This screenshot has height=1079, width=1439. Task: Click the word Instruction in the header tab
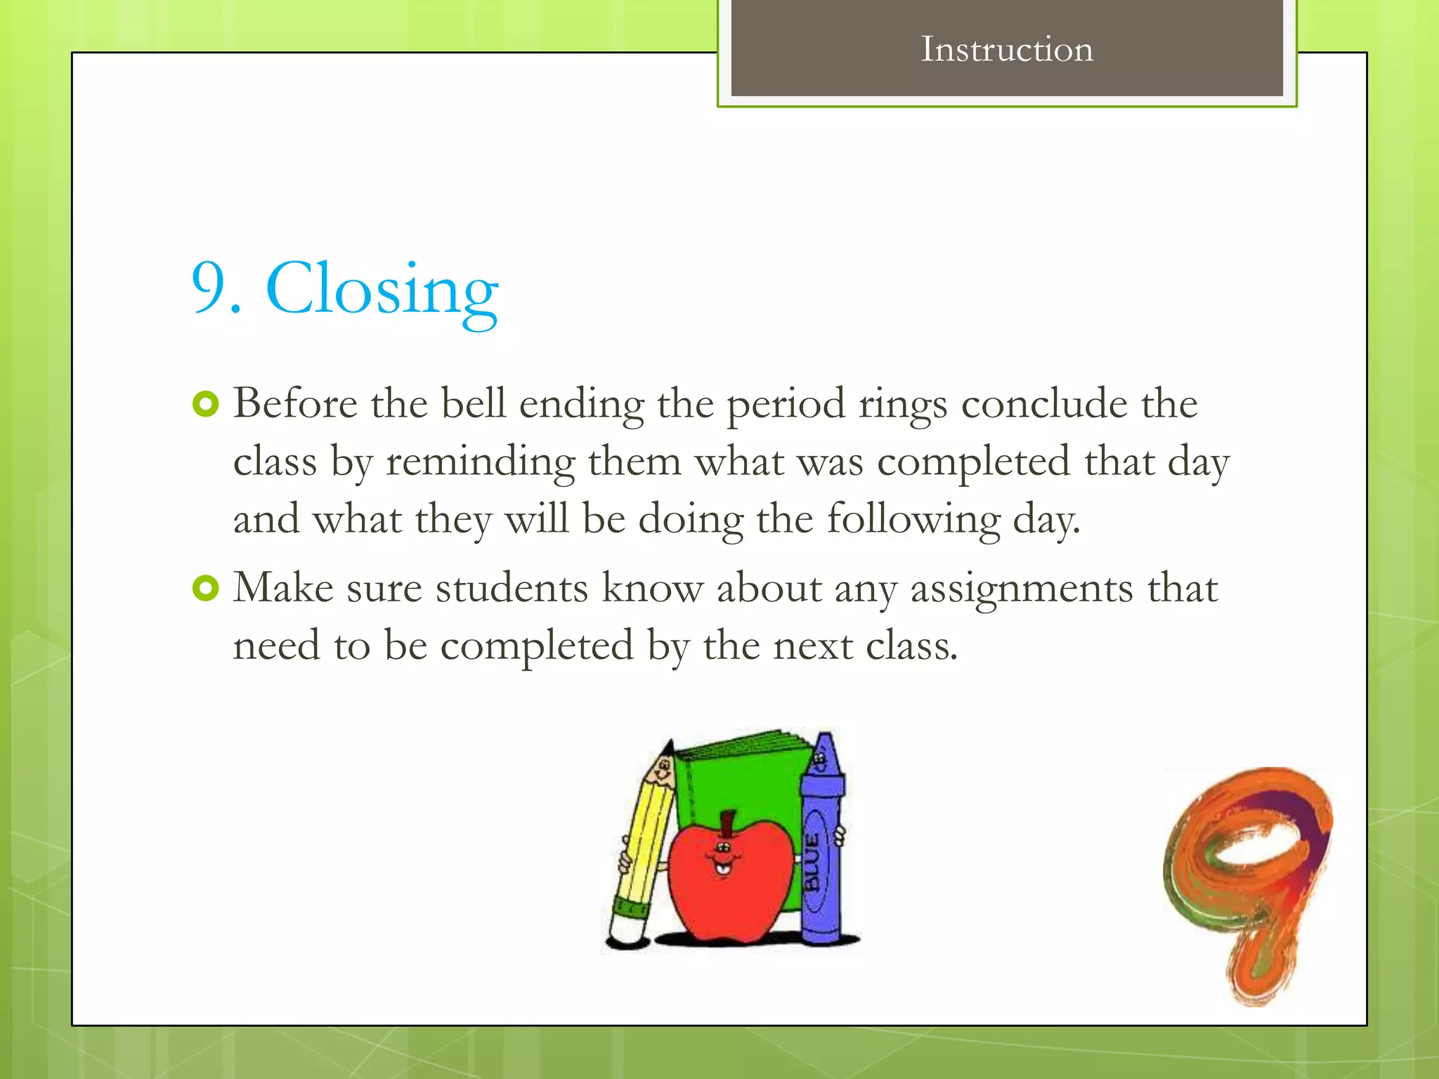(x=1006, y=50)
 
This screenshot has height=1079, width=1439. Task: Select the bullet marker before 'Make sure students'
(x=205, y=588)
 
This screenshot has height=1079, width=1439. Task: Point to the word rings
(x=902, y=405)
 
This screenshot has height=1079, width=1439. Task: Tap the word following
(x=913, y=521)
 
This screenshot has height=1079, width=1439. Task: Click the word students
(x=512, y=589)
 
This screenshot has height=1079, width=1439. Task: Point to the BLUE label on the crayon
(x=813, y=861)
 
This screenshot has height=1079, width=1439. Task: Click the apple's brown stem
(x=728, y=824)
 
